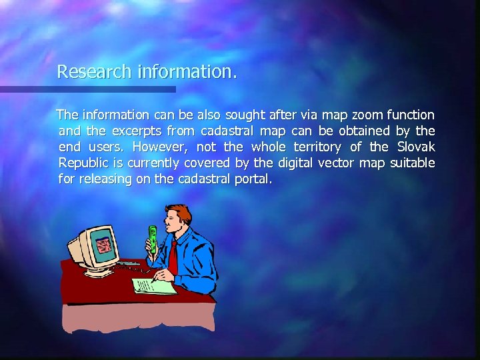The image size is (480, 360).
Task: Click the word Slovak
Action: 416,147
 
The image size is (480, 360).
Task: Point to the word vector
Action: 337,163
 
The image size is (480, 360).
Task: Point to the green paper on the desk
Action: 155,286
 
